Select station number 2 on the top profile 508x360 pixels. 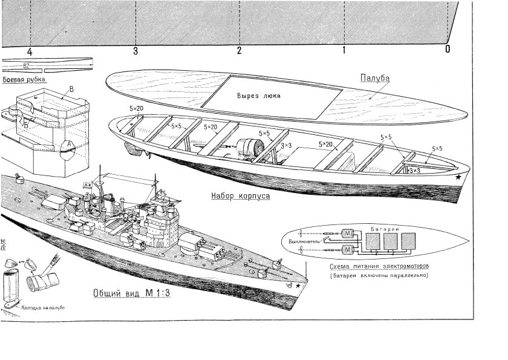tap(239, 50)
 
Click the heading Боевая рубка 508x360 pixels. tap(25, 79)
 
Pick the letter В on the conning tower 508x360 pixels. tap(72, 90)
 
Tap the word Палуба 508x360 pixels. tap(374, 78)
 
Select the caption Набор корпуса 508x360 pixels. tap(240, 195)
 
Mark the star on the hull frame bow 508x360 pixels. tap(459, 178)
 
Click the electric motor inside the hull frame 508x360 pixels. tap(249, 148)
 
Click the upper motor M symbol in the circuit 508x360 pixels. tap(349, 233)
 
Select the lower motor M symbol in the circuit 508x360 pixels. tap(349, 250)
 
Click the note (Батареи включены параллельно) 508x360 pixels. tap(379, 276)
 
